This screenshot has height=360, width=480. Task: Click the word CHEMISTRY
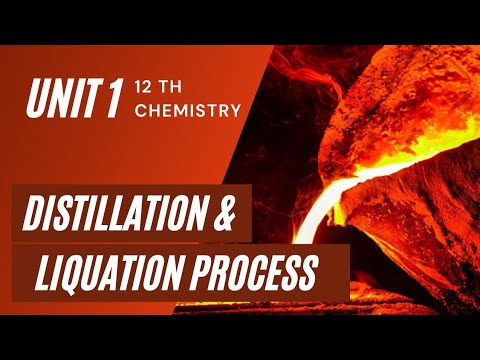(x=188, y=110)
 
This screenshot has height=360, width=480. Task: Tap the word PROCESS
(x=264, y=272)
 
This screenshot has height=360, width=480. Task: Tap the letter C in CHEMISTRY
(x=140, y=110)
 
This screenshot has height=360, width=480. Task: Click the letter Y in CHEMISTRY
(x=235, y=110)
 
